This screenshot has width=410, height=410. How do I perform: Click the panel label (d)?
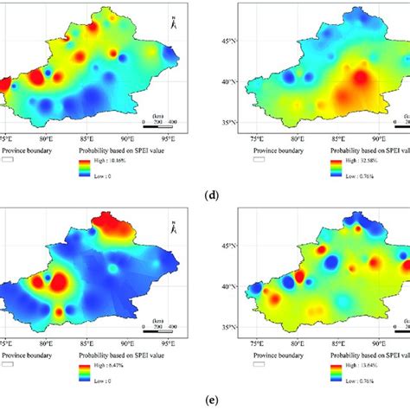coord(205,197)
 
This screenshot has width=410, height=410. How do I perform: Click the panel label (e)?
coord(205,400)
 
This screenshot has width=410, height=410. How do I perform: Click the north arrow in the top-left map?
coord(174,23)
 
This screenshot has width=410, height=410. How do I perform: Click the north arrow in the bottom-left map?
coord(174,227)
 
